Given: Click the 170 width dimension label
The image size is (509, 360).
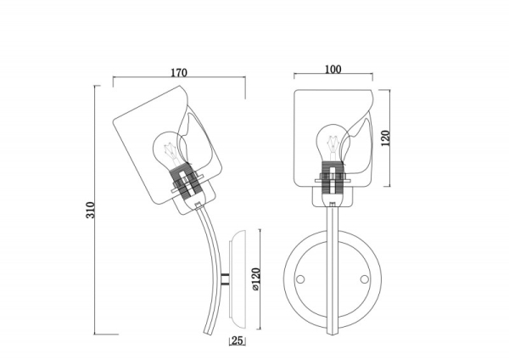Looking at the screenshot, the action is (179, 72).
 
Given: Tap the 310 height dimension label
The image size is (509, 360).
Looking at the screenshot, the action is (91, 211).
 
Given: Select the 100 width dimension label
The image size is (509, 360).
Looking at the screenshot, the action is (333, 70).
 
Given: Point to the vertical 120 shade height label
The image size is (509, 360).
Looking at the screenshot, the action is (385, 138).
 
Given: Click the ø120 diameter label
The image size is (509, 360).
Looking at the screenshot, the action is (256, 279).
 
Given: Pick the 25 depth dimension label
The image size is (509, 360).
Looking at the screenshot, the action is (238, 340).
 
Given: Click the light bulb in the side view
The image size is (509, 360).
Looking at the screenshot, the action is (170, 149).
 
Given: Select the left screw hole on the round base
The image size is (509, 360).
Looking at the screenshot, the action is (300, 279).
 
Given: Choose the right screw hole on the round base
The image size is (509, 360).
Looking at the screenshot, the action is (364, 279).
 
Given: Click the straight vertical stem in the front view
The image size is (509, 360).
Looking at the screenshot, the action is (332, 270).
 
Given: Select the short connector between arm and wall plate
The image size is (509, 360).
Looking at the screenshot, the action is (225, 279).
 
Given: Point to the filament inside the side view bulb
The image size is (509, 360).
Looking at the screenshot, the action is (171, 153).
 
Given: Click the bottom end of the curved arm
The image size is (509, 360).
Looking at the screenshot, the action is (207, 334).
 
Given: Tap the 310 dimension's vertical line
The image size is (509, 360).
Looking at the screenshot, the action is (94, 210).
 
